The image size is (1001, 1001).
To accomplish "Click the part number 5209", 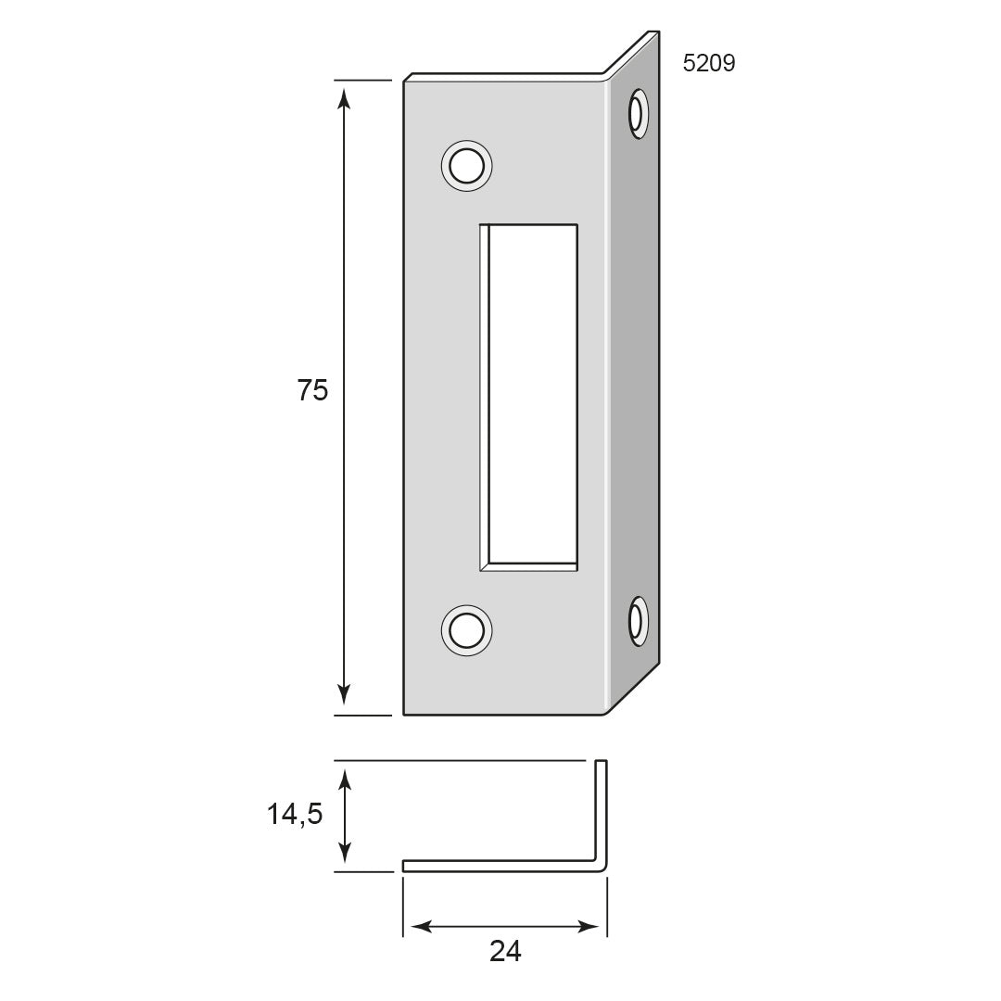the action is (709, 63).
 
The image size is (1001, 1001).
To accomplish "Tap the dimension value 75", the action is (313, 390).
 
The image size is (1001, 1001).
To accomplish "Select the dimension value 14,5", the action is (295, 814).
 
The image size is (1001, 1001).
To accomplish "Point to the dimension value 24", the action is (506, 951).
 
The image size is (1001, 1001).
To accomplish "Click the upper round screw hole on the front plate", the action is (466, 166).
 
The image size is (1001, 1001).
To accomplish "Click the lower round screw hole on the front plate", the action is (466, 631).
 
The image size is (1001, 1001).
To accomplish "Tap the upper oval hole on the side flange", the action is (638, 114).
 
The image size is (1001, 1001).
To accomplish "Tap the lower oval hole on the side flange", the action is (638, 621).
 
